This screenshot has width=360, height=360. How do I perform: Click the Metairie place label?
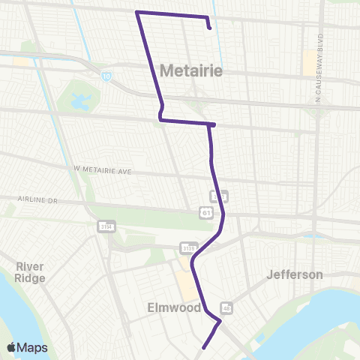pos(191,71)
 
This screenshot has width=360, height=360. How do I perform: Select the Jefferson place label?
pos(295,274)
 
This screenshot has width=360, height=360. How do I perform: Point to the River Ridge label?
pos(30,272)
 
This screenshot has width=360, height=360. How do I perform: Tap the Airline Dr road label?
pos(37,200)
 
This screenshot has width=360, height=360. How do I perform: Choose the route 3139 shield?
pos(188,247)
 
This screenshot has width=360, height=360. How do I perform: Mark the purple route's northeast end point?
pos(209,28)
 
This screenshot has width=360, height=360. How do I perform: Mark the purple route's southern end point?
pos(202,347)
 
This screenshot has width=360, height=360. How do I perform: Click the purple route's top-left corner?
pos(136,12)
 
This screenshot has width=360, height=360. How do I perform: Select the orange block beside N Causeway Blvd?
pos(309,62)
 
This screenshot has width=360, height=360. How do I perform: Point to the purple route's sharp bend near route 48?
pos(220,322)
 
